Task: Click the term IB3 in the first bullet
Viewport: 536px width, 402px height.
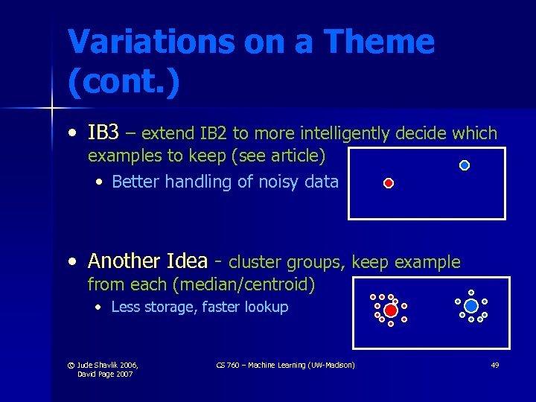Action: pyautogui.click(x=103, y=133)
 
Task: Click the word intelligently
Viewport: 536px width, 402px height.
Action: pyautogui.click(x=346, y=133)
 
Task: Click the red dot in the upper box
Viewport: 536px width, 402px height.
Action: pyautogui.click(x=388, y=182)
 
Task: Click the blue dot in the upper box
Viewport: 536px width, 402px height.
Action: pyautogui.click(x=465, y=165)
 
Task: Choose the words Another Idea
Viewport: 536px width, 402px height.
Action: pyautogui.click(x=146, y=261)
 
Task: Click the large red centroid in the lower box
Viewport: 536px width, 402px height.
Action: pyautogui.click(x=391, y=310)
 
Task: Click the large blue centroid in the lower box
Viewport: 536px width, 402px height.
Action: pyautogui.click(x=471, y=305)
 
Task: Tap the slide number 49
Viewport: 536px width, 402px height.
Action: pyautogui.click(x=495, y=365)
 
